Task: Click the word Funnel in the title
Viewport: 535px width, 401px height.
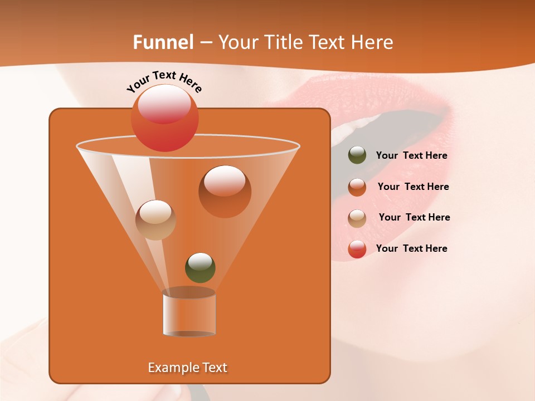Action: [x=163, y=42]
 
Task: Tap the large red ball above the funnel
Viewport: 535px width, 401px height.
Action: [x=164, y=118]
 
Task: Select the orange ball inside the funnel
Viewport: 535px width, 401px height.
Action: [x=225, y=191]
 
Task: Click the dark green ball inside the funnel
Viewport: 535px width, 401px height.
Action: [x=200, y=267]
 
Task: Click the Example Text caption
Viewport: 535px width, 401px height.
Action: [x=187, y=368]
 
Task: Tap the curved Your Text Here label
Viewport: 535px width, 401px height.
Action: [x=164, y=81]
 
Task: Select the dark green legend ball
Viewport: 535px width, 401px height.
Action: [x=357, y=155]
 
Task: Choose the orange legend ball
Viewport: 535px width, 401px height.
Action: [x=357, y=187]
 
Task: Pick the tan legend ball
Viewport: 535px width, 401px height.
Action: [x=357, y=218]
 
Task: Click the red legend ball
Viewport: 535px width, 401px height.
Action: [x=357, y=249]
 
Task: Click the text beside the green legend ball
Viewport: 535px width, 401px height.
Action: [x=411, y=156]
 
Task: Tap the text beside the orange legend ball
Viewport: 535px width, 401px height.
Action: [x=413, y=187]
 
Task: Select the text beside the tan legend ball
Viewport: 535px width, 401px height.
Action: [x=414, y=218]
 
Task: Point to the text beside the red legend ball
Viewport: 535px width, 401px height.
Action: [x=411, y=249]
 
